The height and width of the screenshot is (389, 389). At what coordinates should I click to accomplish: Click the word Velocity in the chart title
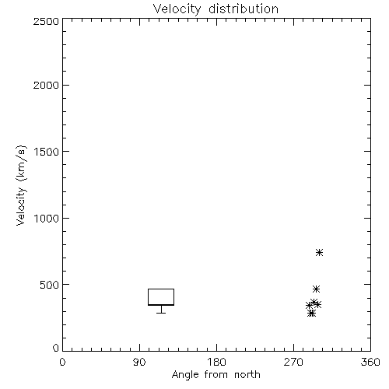[x=177, y=9]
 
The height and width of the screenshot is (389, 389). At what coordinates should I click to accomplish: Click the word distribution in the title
[x=244, y=9]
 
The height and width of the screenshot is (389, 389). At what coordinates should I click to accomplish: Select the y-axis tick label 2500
[x=46, y=21]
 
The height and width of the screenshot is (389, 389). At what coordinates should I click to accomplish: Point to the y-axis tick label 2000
[x=46, y=85]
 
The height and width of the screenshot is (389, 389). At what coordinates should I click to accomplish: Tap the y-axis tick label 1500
[x=47, y=152]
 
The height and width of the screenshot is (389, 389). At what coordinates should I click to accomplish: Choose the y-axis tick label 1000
[x=47, y=218]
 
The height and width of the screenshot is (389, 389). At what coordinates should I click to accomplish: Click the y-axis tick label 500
[x=50, y=285]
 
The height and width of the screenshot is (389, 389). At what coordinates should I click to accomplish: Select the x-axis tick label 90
[x=139, y=362]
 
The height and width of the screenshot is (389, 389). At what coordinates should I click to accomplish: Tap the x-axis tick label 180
[x=216, y=362]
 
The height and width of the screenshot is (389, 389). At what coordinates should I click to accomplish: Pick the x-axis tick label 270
[x=293, y=362]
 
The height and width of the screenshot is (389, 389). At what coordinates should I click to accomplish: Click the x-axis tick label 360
[x=370, y=362]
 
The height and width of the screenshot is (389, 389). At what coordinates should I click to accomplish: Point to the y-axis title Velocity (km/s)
[x=21, y=185]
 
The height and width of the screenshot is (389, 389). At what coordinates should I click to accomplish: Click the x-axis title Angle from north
[x=216, y=375]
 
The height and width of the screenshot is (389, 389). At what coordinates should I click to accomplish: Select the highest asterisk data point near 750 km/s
[x=319, y=252]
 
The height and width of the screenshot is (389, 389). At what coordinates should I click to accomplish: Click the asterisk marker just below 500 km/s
[x=316, y=289]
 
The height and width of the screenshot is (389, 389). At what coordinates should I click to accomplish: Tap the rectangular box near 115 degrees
[x=161, y=289]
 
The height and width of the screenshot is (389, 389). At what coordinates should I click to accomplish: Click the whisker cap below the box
[x=161, y=313]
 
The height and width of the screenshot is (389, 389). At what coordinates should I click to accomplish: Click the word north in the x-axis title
[x=247, y=375]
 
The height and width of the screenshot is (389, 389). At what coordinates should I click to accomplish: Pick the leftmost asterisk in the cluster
[x=309, y=306]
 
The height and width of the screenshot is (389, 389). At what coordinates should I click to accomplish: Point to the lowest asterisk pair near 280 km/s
[x=312, y=314]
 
